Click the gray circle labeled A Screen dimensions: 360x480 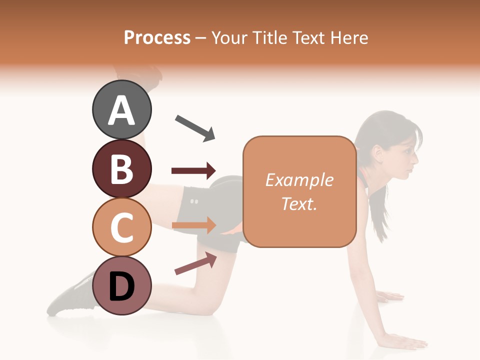[121, 109]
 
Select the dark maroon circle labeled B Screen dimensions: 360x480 [121, 168]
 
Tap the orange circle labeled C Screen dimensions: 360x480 [121, 226]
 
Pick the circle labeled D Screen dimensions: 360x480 [121, 285]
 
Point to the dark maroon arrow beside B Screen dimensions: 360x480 [193, 171]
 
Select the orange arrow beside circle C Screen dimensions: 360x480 [193, 225]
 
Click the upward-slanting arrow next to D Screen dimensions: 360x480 [195, 263]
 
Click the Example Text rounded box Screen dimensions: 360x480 [299, 192]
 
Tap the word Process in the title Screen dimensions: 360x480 [157, 37]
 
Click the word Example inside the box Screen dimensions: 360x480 [299, 180]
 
